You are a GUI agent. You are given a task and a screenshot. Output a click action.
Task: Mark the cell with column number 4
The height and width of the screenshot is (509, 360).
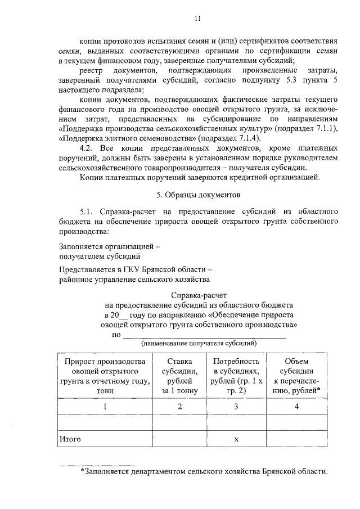click(295, 406)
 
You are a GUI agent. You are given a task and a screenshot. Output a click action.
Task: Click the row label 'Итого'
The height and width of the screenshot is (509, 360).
click(70, 438)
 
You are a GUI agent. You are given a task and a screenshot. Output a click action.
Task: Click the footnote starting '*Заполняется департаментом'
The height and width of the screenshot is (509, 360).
click(204, 471)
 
